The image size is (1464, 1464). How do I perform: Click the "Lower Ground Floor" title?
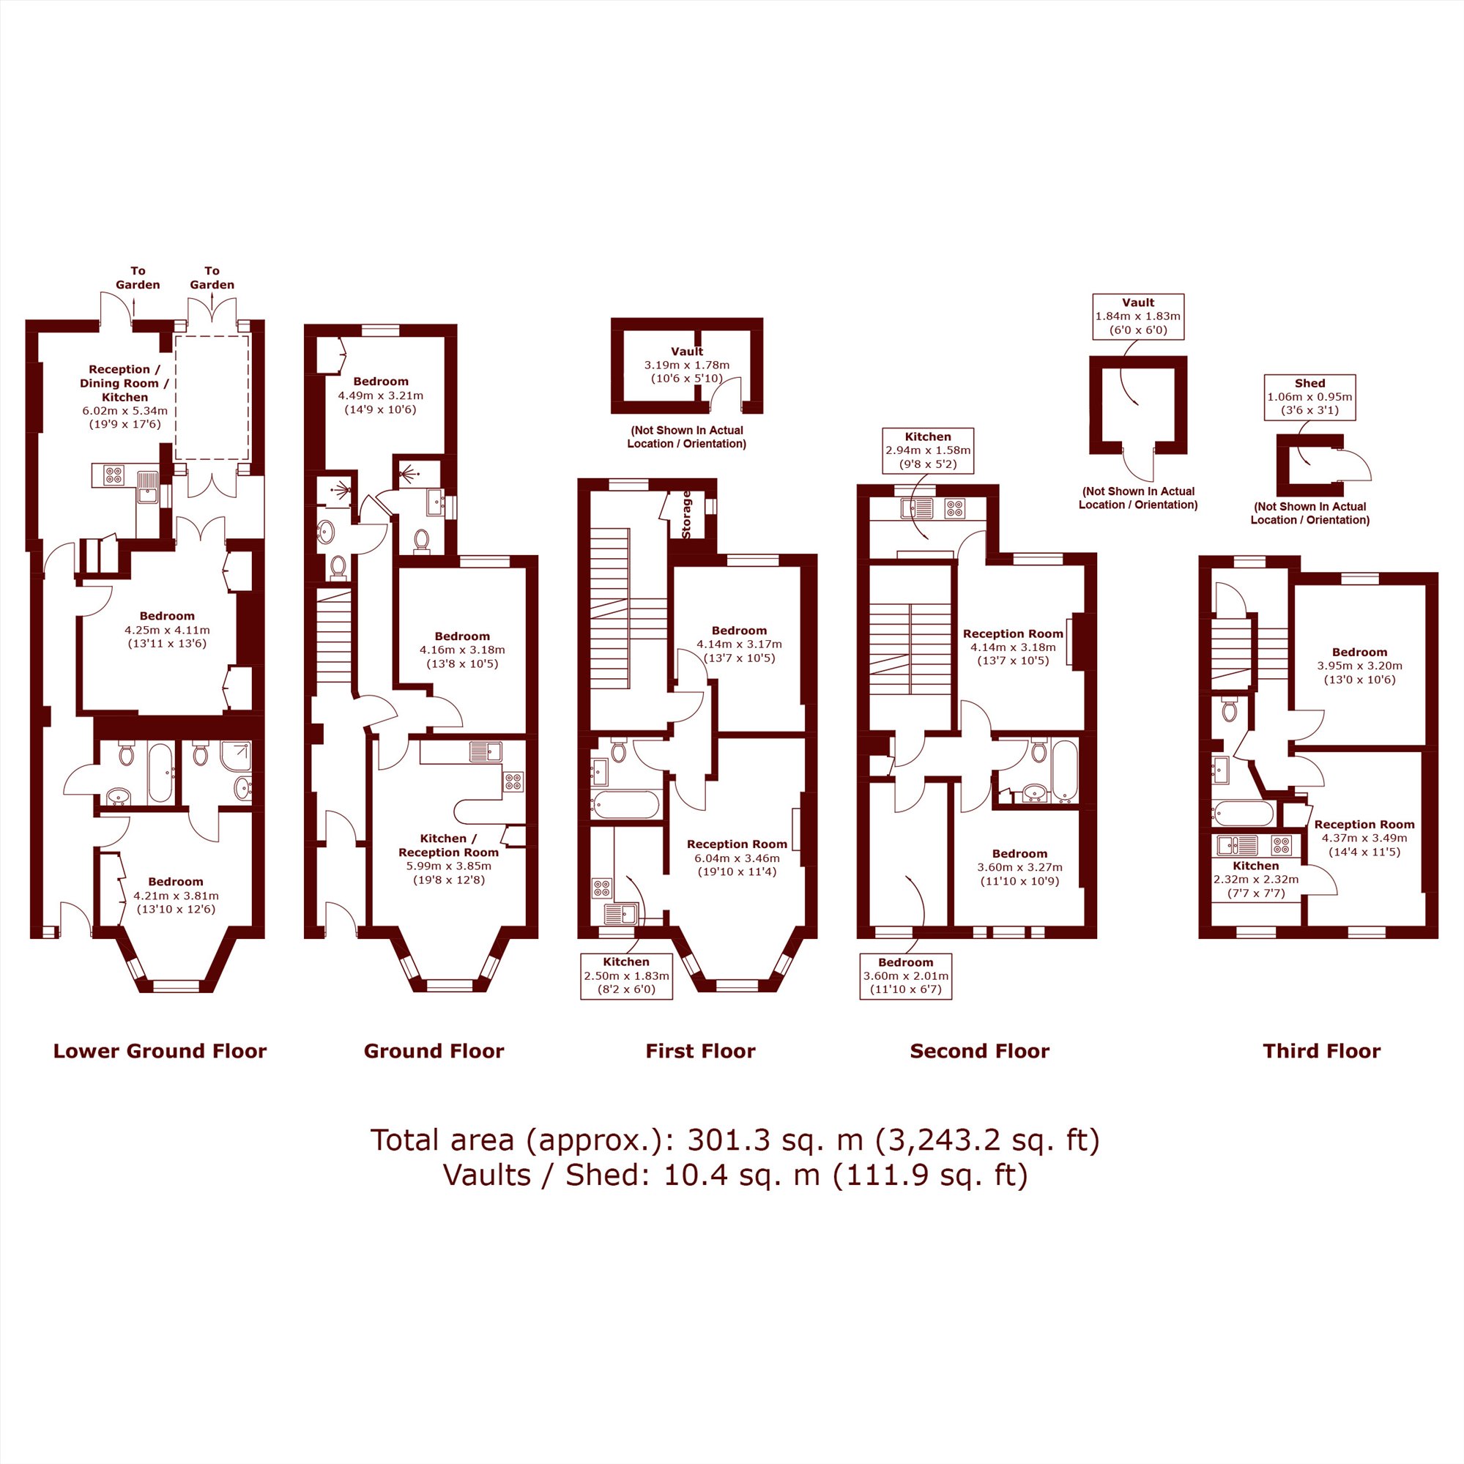(160, 1051)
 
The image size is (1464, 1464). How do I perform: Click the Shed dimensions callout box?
(1309, 397)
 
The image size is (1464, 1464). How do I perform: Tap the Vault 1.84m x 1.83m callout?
(1137, 316)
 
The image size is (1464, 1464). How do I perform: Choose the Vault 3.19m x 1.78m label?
(686, 365)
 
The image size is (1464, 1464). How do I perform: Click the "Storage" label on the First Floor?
(686, 515)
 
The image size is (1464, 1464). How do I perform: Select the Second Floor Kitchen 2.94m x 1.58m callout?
(927, 451)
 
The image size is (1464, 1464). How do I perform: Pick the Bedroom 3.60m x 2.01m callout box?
(905, 977)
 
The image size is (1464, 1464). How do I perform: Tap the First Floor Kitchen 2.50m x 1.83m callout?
(626, 976)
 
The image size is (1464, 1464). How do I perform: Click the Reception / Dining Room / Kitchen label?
(125, 396)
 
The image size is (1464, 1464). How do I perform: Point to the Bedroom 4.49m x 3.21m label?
(380, 395)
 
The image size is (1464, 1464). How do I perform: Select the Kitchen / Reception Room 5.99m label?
(449, 859)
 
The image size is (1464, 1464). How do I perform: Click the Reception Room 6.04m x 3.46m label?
(737, 858)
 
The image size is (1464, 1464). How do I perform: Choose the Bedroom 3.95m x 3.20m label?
(1359, 665)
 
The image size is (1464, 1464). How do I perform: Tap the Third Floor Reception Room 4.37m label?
(1364, 838)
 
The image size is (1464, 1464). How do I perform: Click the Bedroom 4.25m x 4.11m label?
(167, 630)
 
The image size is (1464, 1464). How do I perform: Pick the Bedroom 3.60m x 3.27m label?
(1019, 867)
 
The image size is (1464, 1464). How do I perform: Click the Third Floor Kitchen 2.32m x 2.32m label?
(1255, 879)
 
